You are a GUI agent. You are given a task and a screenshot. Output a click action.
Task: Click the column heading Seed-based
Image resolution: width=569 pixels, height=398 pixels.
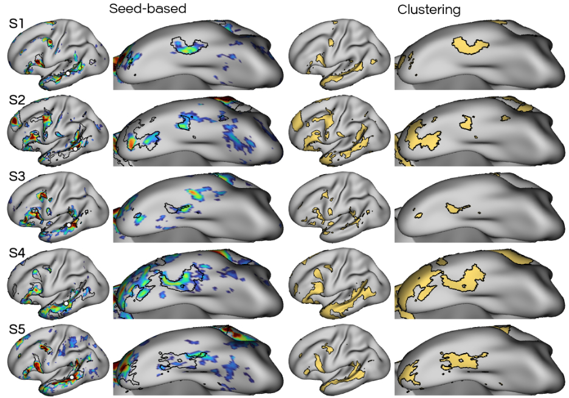(x=147, y=9)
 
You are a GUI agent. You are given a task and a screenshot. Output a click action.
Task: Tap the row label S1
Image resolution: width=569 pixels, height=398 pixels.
(x=17, y=24)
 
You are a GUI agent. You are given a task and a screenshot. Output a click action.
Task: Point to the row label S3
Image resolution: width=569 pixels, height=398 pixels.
(x=17, y=177)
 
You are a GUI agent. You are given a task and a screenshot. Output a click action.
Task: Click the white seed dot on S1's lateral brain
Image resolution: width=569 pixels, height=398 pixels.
(x=68, y=73)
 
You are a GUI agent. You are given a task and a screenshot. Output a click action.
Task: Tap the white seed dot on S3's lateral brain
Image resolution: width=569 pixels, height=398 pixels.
(x=69, y=225)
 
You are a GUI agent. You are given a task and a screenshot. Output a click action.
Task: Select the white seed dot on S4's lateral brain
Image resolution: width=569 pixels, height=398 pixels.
(x=65, y=302)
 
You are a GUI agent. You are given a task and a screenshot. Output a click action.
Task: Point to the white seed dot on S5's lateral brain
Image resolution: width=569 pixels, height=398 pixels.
(x=72, y=377)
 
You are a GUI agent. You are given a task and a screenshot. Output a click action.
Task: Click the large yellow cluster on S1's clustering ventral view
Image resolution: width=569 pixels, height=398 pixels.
(x=468, y=46)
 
